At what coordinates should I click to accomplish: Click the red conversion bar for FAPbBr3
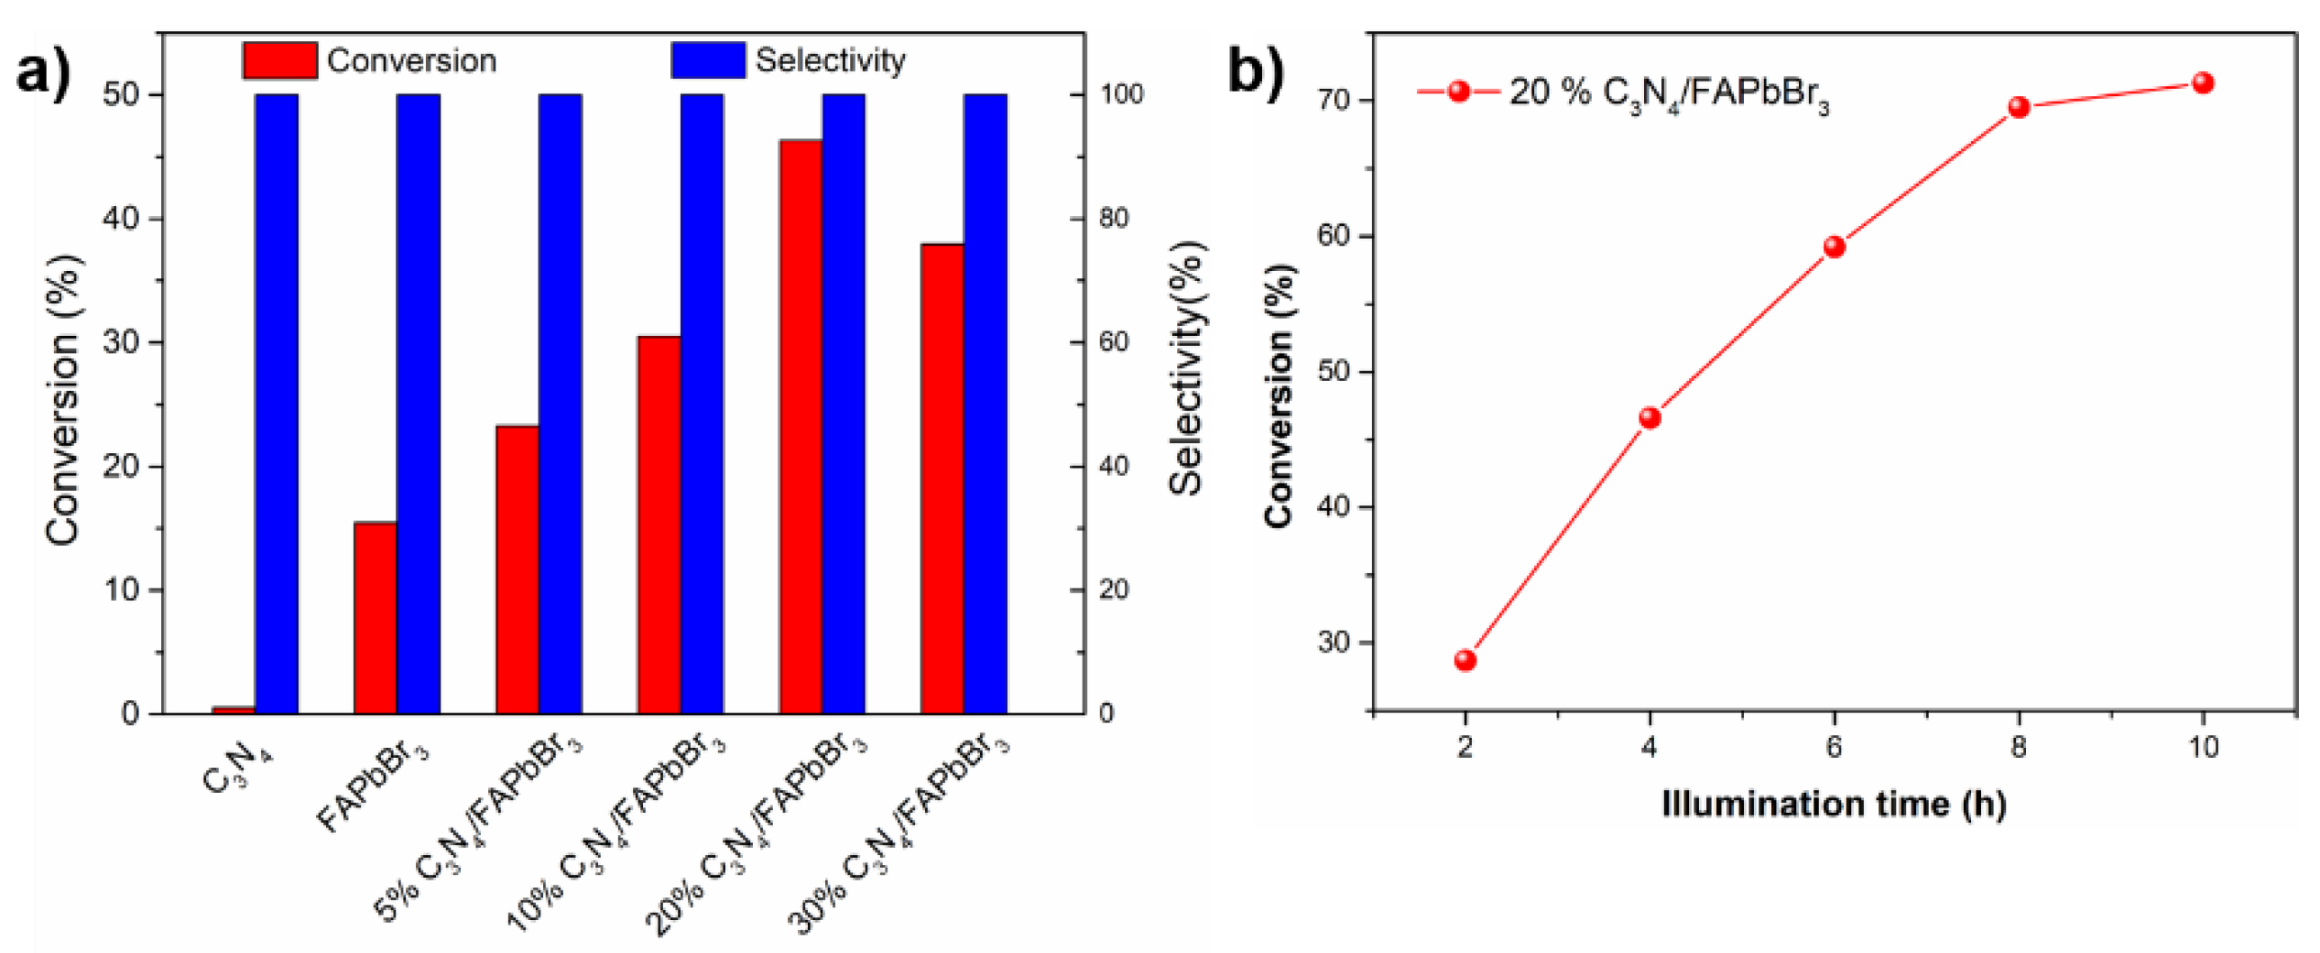[x=375, y=618]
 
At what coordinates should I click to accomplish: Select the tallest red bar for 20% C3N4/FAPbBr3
[x=801, y=426]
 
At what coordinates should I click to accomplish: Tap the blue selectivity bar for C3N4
[x=277, y=403]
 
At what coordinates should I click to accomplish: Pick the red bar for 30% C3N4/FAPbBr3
[x=942, y=478]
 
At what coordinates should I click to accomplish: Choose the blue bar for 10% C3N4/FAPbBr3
[x=702, y=403]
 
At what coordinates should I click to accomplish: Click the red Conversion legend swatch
[x=280, y=60]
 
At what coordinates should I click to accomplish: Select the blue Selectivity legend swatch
[x=708, y=60]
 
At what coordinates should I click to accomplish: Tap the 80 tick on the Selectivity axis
[x=1114, y=219]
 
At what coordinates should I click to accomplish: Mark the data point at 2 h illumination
[x=1465, y=660]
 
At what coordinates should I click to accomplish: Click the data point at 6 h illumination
[x=1834, y=247]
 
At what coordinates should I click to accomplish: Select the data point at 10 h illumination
[x=2203, y=83]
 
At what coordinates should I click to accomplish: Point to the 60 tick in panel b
[x=1333, y=236]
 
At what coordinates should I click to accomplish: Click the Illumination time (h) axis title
[x=1834, y=804]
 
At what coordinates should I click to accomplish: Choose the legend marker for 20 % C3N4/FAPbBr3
[x=1459, y=92]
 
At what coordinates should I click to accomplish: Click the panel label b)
[x=1256, y=71]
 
